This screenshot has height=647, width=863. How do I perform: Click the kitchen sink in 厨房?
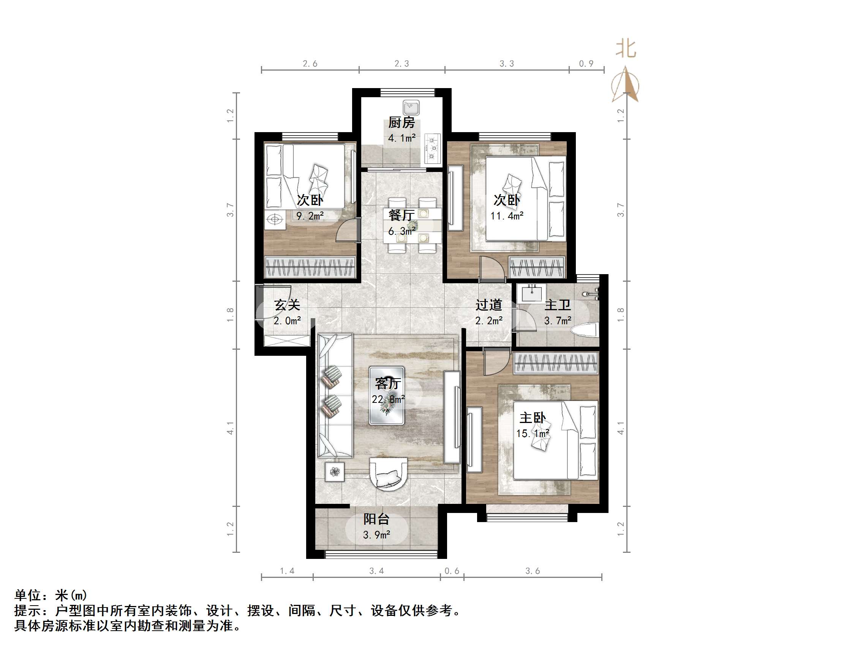click(411, 107)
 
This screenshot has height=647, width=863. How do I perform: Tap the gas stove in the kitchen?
click(432, 148)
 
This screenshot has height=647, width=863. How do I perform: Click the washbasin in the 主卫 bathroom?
click(532, 293)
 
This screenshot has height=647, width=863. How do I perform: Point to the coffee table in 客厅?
click(387, 396)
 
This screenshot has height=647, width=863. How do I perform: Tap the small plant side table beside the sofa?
click(335, 472)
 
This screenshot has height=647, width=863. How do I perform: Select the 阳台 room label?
click(376, 519)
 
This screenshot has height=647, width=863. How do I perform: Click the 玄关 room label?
click(287, 305)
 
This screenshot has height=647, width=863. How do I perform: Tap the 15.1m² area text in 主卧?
click(533, 433)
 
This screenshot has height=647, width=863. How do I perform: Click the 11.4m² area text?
click(507, 216)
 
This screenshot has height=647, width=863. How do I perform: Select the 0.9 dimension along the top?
click(586, 63)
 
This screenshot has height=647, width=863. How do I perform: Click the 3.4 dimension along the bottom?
click(376, 571)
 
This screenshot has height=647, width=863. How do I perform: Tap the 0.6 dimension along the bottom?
click(452, 571)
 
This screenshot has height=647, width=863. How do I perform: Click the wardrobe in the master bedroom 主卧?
click(556, 363)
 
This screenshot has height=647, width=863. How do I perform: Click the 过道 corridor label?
click(488, 305)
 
